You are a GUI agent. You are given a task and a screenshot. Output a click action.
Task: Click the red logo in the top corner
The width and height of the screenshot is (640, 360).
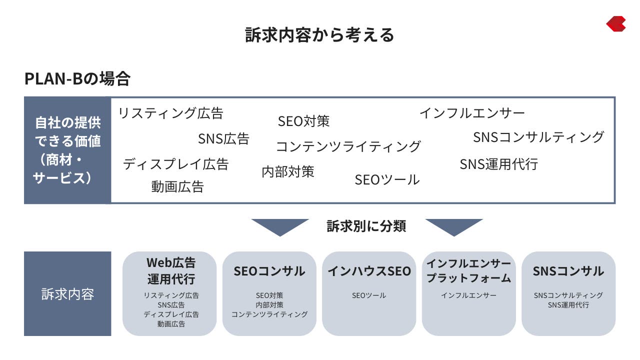tap(616, 23)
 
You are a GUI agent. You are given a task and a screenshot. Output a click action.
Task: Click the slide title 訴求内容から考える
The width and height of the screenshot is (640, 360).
tap(319, 35)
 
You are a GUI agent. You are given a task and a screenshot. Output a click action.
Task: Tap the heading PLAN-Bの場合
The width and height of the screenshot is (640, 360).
tap(77, 78)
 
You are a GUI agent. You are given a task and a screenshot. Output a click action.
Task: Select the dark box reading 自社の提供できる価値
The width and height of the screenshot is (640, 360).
tap(67, 150)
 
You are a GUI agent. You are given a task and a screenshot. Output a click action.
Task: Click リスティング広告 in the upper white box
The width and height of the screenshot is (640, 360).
tap(170, 113)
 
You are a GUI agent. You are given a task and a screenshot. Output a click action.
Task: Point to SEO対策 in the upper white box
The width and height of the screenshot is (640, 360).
tap(303, 121)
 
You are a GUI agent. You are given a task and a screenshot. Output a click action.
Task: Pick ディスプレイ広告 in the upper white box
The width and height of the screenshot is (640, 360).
tap(175, 164)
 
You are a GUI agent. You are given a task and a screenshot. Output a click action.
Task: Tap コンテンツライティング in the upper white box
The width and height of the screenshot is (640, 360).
tap(348, 146)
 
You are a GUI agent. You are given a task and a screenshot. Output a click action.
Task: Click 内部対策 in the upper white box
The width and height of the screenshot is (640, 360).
tap(288, 171)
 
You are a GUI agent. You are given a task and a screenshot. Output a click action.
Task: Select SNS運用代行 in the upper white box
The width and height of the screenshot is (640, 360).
tap(499, 164)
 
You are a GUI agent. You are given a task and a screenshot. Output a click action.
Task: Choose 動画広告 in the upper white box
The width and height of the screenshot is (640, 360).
tap(177, 187)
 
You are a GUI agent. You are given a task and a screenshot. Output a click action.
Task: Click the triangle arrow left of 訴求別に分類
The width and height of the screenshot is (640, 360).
tap(280, 227)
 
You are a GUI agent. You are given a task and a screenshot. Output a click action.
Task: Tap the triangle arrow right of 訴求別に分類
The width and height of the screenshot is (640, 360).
tap(454, 227)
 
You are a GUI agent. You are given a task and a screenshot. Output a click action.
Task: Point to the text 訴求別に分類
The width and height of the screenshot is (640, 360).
tap(366, 226)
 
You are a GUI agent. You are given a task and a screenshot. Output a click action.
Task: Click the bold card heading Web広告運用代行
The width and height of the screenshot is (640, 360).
tap(171, 271)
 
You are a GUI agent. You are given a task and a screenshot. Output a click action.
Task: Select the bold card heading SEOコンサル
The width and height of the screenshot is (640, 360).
tap(269, 271)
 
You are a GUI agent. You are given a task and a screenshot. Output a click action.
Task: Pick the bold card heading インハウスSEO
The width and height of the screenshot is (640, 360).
tap(369, 271)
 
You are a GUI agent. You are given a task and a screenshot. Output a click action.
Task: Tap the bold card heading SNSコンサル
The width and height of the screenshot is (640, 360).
tap(568, 271)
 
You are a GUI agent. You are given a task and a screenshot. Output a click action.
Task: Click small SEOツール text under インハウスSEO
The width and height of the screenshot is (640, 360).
tap(369, 295)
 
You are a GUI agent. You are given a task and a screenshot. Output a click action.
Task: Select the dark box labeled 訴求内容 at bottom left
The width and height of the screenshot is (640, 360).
tap(67, 293)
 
